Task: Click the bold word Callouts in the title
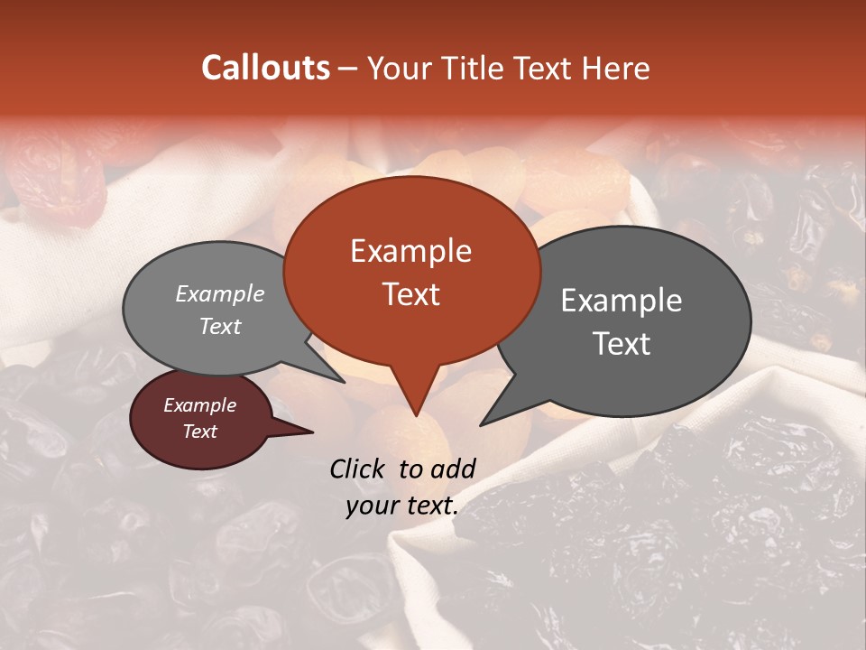[265, 68]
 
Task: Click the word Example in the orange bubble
[410, 251]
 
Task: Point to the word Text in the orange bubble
[410, 294]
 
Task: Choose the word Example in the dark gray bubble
[622, 301]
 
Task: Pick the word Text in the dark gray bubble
[622, 344]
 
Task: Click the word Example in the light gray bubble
[220, 293]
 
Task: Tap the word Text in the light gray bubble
[220, 326]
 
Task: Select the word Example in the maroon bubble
[199, 405]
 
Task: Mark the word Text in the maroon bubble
[199, 432]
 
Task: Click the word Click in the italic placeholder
[358, 469]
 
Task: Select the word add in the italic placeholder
[453, 469]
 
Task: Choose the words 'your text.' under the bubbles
[401, 506]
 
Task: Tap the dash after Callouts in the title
[348, 69]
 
